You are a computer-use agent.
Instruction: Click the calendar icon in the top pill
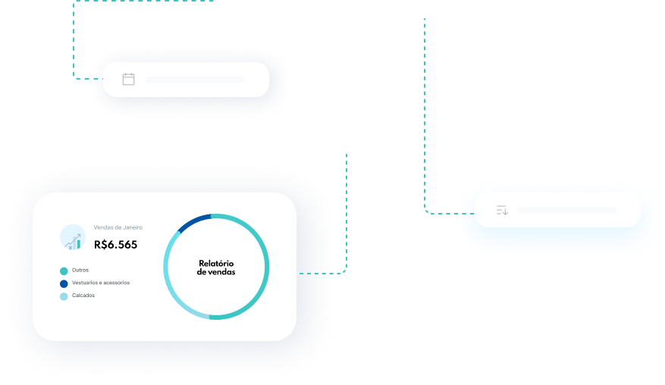(x=128, y=79)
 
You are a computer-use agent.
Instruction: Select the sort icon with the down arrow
(x=502, y=210)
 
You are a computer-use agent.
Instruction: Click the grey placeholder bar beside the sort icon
(x=566, y=210)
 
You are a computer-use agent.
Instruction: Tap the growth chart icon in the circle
(x=73, y=238)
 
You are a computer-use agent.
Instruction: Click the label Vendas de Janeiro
(x=118, y=227)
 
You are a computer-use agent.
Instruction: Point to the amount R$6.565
(x=116, y=245)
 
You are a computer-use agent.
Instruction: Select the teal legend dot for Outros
(x=64, y=271)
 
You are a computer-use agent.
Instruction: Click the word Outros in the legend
(x=80, y=270)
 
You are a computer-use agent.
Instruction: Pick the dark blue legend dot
(x=64, y=283)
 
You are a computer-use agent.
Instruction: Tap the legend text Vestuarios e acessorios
(x=101, y=283)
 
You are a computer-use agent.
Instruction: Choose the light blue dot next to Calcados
(x=64, y=296)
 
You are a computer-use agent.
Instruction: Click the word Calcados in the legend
(x=83, y=296)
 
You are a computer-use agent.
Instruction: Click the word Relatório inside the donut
(x=216, y=263)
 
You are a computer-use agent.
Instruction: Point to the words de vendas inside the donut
(x=216, y=271)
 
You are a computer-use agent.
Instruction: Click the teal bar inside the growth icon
(x=77, y=245)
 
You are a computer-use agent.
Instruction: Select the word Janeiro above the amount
(x=130, y=227)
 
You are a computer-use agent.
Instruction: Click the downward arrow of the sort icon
(x=505, y=211)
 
